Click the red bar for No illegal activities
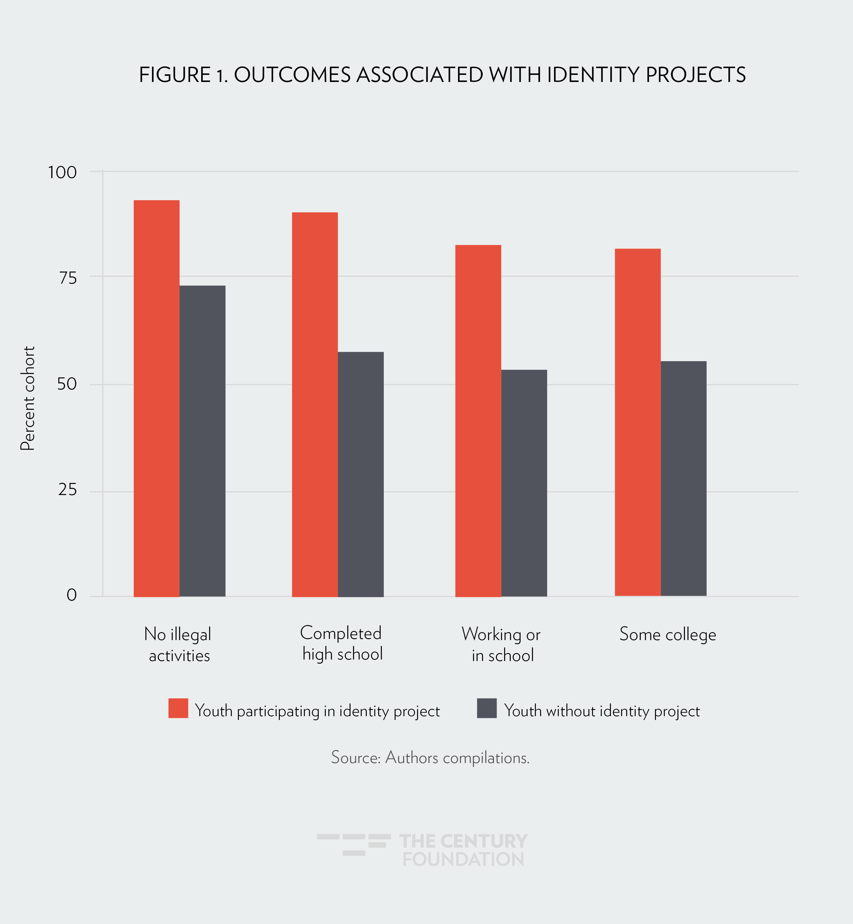[x=156, y=398]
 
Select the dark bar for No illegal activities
[x=202, y=441]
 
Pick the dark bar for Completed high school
[x=361, y=474]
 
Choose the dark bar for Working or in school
[x=524, y=483]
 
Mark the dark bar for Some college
[x=683, y=479]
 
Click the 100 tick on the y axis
[x=62, y=172]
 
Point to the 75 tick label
[x=67, y=278]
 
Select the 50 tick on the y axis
[x=67, y=384]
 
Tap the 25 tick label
[x=67, y=490]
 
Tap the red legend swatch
[x=178, y=708]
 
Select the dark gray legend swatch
[x=487, y=708]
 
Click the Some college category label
[x=667, y=634]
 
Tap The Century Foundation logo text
[x=463, y=850]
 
